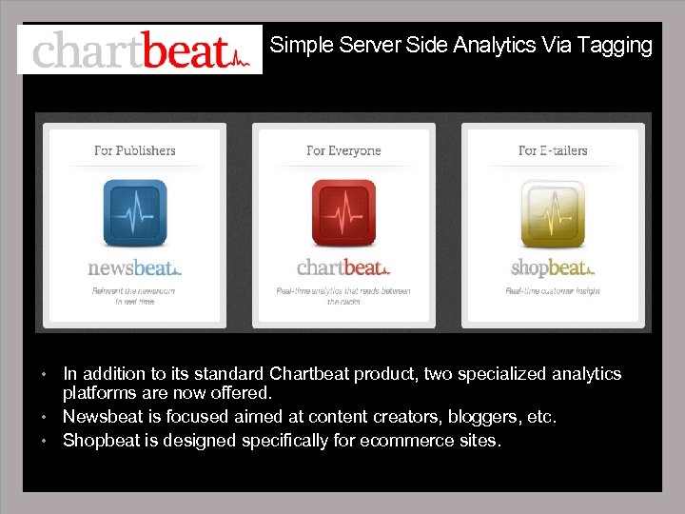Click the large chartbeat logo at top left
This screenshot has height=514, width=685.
click(x=140, y=49)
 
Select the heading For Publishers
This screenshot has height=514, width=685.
click(x=134, y=150)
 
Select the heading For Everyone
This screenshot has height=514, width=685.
click(x=343, y=150)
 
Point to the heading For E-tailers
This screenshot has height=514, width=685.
click(x=553, y=150)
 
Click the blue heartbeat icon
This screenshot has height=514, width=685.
click(x=134, y=211)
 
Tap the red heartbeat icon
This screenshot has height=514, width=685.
click(x=343, y=211)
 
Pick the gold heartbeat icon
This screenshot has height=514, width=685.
click(x=553, y=211)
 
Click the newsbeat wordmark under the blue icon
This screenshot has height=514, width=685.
click(x=134, y=267)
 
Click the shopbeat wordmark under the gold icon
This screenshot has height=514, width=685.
click(x=553, y=267)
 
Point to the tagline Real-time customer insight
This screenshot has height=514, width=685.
click(x=553, y=290)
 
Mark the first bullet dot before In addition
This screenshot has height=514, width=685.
click(x=44, y=375)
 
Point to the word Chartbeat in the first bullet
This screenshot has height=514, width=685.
click(x=309, y=374)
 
